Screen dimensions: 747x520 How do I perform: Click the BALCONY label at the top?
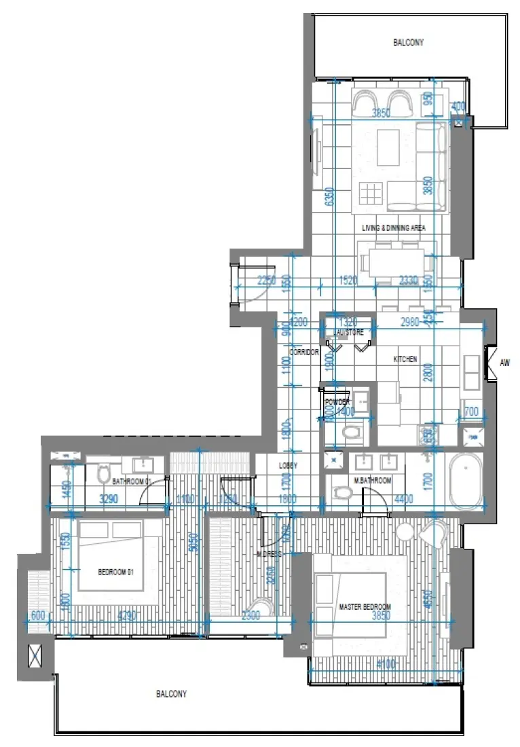[x=408, y=42]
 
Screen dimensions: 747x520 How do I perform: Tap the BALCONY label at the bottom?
[x=171, y=694]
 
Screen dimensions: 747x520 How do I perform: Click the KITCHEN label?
[x=406, y=359]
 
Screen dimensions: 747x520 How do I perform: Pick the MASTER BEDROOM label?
[x=365, y=606]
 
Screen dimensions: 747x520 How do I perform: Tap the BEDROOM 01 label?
[x=116, y=572]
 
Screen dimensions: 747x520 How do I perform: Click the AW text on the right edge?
[x=504, y=363]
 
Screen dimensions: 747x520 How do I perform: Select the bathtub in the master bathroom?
[x=465, y=480]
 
